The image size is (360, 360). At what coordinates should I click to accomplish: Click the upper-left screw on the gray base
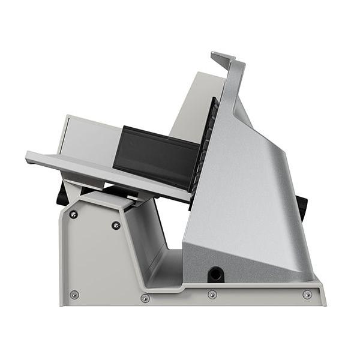pyautogui.click(x=74, y=214)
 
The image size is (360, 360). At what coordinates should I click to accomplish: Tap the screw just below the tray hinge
pyautogui.click(x=116, y=225)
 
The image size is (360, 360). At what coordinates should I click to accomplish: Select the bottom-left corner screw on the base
pyautogui.click(x=74, y=295)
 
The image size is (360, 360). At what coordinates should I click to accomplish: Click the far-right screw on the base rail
pyautogui.click(x=307, y=295)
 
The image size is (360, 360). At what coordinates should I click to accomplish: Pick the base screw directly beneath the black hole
pyautogui.click(x=212, y=295)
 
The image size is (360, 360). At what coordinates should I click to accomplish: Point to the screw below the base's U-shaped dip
pyautogui.click(x=145, y=298)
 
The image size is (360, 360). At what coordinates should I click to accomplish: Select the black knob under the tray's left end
pyautogui.click(x=63, y=195)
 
